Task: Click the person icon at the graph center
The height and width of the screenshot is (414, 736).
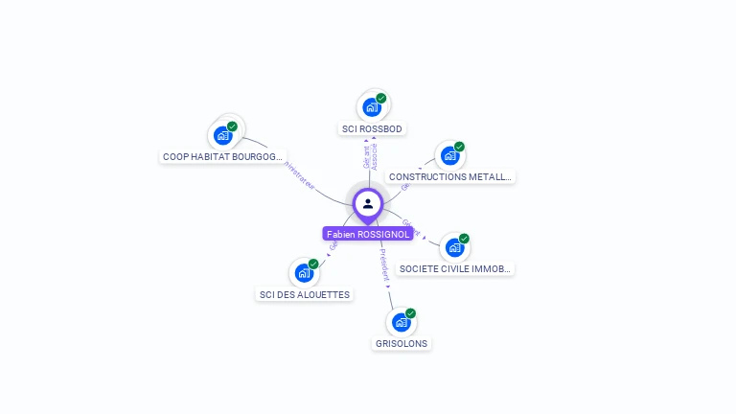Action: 368,203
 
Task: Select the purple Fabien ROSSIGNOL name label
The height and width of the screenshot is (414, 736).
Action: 368,234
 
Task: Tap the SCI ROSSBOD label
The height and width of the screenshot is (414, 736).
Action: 373,128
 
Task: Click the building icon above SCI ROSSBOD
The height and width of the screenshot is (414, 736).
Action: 372,107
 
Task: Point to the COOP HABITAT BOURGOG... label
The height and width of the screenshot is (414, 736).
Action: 223,156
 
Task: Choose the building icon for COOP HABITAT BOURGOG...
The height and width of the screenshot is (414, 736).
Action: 223,135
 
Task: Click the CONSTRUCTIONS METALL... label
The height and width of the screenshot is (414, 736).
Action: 450,176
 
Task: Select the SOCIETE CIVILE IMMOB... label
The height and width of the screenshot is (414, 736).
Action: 455,269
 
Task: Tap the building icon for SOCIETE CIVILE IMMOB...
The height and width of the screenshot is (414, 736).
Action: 454,247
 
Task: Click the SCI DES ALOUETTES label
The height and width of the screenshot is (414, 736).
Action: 305,294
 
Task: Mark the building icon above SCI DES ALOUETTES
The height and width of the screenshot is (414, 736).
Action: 304,273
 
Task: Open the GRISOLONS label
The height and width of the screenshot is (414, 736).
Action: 402,343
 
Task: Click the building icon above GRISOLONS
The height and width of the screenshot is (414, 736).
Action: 401,322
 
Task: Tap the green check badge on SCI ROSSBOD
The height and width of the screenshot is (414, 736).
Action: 381,98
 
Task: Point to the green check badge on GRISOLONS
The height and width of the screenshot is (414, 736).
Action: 410,313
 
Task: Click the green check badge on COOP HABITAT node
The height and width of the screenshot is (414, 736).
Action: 232,126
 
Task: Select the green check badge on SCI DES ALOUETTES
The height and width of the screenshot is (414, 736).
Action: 313,264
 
